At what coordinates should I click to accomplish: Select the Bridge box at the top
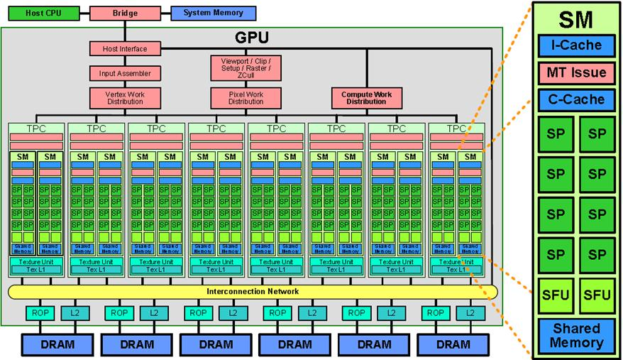(124, 13)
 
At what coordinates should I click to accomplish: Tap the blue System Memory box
(213, 13)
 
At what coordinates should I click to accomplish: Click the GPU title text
(253, 36)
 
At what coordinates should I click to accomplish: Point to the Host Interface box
(124, 49)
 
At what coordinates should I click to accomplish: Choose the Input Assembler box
(124, 73)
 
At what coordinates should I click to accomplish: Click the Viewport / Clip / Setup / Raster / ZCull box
(246, 68)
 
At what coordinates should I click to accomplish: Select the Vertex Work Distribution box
(124, 97)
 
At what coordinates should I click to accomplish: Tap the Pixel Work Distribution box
(246, 97)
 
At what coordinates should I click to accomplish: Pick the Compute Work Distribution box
(367, 97)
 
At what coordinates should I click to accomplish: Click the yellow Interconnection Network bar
(253, 292)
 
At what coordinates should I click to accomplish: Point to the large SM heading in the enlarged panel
(575, 19)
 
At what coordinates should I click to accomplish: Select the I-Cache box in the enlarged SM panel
(575, 45)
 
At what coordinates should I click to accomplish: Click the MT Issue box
(575, 72)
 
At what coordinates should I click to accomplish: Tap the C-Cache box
(575, 99)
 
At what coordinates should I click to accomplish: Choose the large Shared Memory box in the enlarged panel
(575, 336)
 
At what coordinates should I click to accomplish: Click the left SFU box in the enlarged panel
(555, 295)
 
